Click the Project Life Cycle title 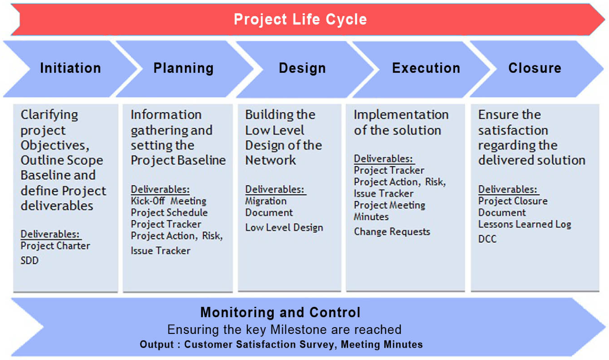point(300,19)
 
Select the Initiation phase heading point(71,68)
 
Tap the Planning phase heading point(184,68)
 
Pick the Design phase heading point(302,68)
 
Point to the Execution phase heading point(426,68)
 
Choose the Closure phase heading point(535,68)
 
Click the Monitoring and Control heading point(280,312)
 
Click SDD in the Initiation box point(30,260)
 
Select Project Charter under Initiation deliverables point(55,246)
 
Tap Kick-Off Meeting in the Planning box point(168,201)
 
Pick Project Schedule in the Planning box point(169,213)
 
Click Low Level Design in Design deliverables point(284,227)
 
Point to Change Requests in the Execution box point(392,232)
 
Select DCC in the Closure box point(487,239)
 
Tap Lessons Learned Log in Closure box point(525,224)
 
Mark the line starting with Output point(281,344)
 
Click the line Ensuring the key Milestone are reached point(284,329)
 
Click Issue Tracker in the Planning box point(160,251)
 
